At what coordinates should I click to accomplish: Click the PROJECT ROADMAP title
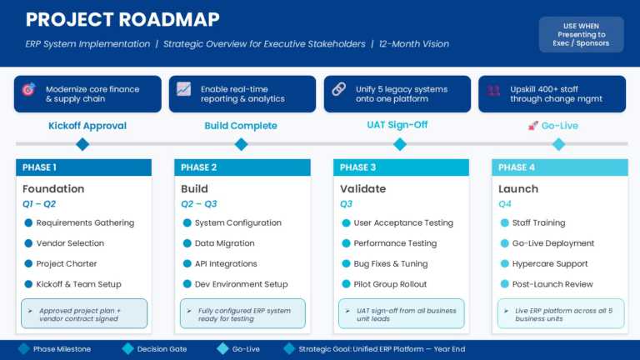tap(122, 19)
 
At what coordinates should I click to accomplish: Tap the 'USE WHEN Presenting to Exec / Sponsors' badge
tap(581, 35)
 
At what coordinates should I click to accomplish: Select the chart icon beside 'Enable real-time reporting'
tap(183, 89)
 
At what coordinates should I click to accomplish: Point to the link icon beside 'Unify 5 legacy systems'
tap(339, 89)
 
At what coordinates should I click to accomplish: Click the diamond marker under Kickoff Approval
tap(82, 144)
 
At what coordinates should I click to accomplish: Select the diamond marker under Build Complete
tap(241, 144)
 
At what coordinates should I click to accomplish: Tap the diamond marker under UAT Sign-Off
tap(400, 144)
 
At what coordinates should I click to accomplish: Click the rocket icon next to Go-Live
tap(533, 126)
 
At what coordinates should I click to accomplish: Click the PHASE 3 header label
tap(356, 167)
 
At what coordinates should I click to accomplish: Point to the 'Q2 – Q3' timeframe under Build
tap(199, 203)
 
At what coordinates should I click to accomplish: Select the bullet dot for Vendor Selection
tap(28, 243)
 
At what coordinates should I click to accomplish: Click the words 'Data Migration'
tap(224, 243)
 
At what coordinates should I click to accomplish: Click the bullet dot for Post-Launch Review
tap(504, 284)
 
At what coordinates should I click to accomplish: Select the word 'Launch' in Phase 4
tap(518, 188)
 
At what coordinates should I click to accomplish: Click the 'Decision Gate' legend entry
tap(158, 349)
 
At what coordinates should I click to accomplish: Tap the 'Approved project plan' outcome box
tap(83, 313)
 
